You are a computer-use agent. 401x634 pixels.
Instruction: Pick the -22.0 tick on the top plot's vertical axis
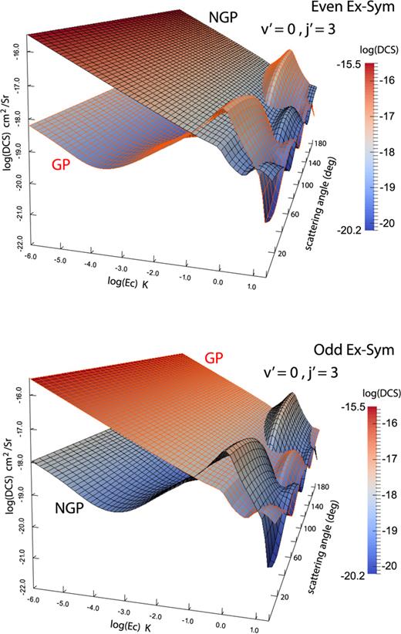click(13, 246)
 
